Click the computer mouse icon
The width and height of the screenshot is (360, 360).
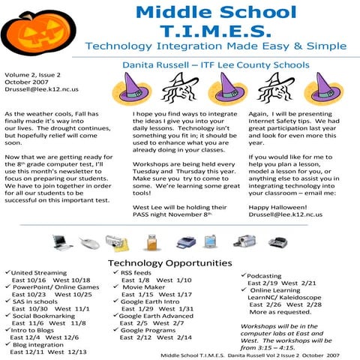click(x=89, y=241)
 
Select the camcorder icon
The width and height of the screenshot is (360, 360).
click(x=244, y=241)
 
